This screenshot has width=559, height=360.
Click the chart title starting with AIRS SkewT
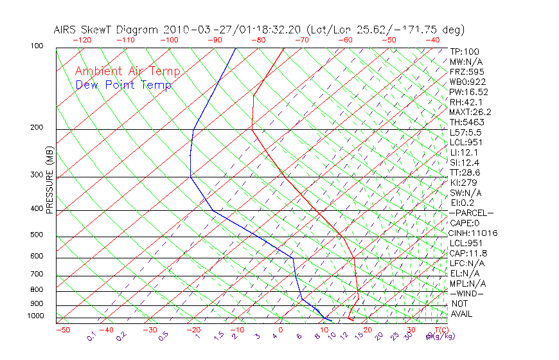[x=259, y=30]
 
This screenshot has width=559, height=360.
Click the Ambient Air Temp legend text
[x=128, y=71]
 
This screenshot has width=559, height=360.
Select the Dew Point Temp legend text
[x=123, y=85]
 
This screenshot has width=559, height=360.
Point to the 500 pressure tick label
[x=37, y=235]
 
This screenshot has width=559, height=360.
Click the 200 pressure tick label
[x=37, y=128]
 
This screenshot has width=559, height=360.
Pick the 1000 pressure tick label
[x=35, y=316]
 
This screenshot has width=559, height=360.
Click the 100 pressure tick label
[x=37, y=46]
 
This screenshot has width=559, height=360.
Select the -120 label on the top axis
[x=82, y=40]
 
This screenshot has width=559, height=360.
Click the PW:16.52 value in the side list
[x=469, y=92]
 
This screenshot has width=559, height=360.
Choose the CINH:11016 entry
[x=474, y=233]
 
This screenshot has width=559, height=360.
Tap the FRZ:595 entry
[x=467, y=71]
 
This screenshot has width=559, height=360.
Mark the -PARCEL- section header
[x=471, y=213]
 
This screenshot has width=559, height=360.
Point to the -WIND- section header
[x=468, y=293]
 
